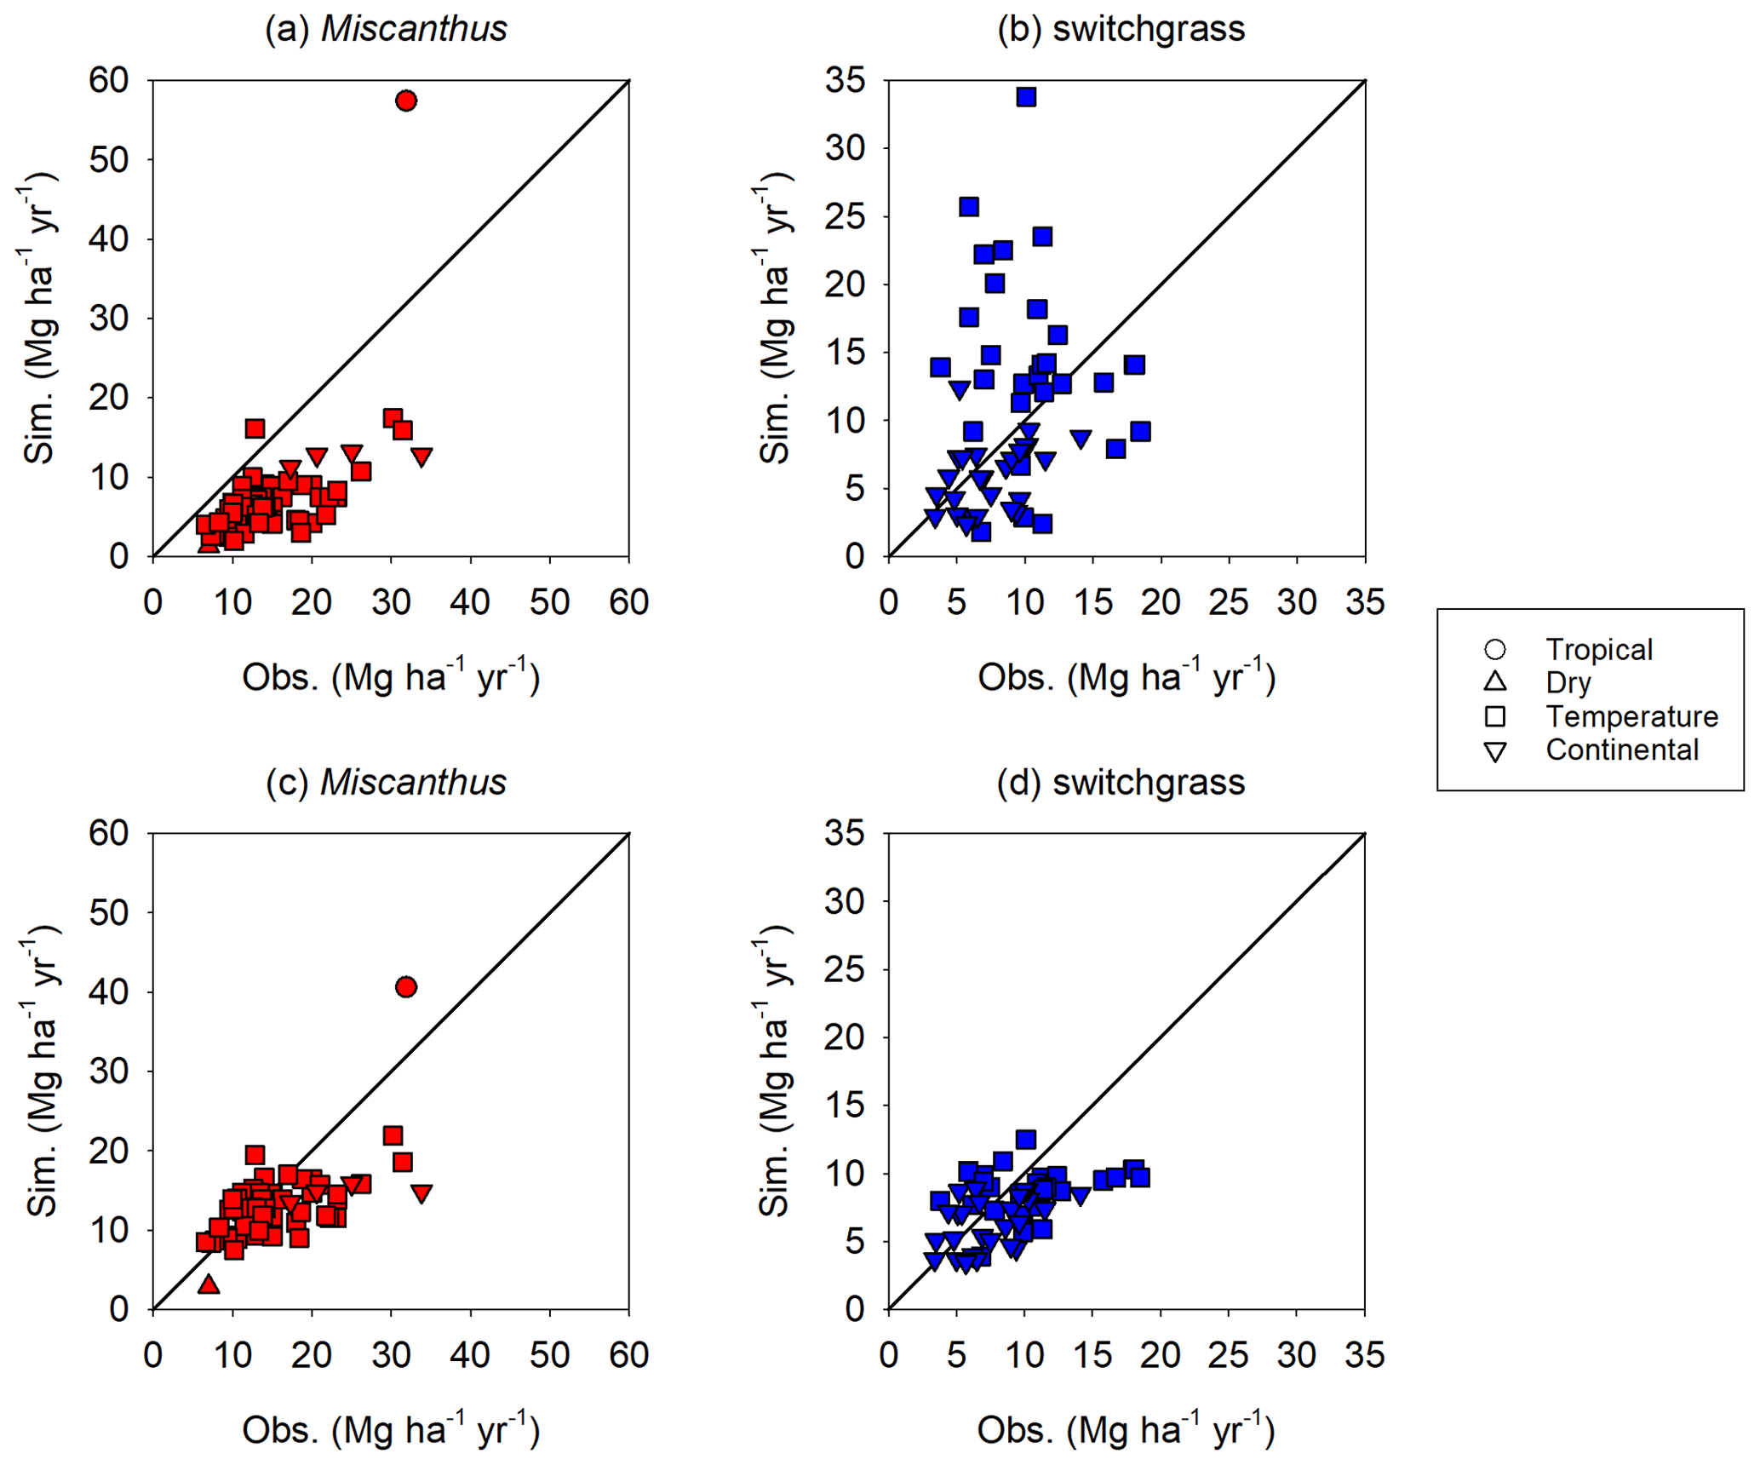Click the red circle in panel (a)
(x=406, y=101)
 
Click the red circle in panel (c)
(x=406, y=987)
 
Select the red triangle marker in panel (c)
(x=209, y=1284)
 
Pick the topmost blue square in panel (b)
(x=1026, y=97)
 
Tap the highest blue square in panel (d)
(x=1026, y=1140)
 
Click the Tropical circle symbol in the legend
(x=1494, y=650)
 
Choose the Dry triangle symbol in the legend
(x=1494, y=682)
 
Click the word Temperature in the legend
(x=1631, y=716)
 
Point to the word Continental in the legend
(x=1622, y=750)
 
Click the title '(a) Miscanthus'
(x=386, y=29)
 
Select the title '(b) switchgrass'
(x=1121, y=29)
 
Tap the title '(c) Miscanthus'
(x=386, y=782)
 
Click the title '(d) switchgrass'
(x=1121, y=782)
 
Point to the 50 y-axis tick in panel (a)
(x=108, y=160)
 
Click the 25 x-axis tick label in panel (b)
(x=1229, y=602)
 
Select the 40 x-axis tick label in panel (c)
(x=470, y=1355)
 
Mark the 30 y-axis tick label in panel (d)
(x=844, y=901)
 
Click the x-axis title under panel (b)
(x=1126, y=678)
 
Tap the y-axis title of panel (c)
(x=41, y=1071)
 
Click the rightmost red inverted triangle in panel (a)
(x=421, y=457)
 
